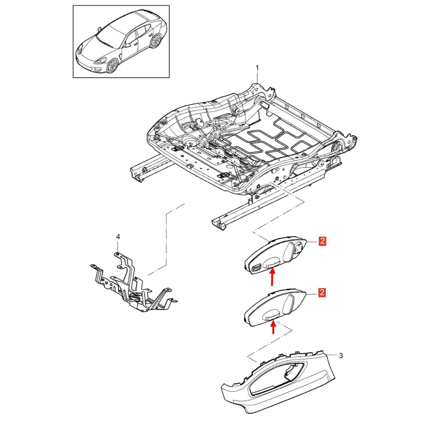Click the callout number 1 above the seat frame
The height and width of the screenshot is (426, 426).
257,68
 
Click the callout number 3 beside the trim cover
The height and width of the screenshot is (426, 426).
340,355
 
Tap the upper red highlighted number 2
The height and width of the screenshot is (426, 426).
323,241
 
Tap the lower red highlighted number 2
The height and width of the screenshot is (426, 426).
323,292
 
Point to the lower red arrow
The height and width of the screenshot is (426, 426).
273,328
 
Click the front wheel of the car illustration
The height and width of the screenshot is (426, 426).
112,65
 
